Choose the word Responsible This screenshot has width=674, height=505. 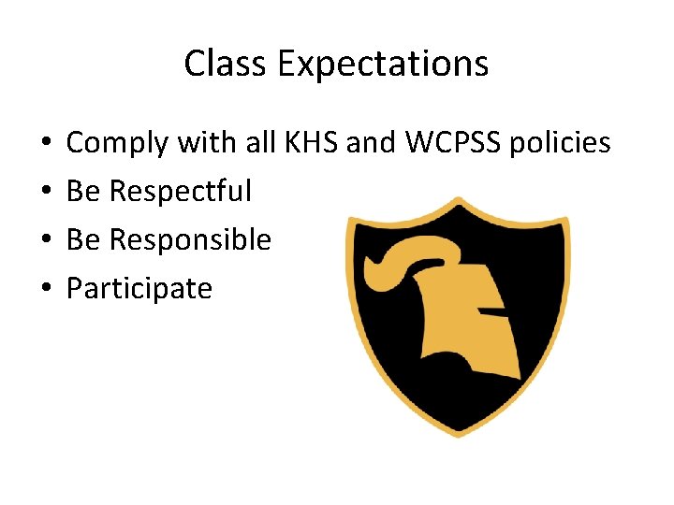[x=190, y=240]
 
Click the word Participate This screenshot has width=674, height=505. [x=139, y=289]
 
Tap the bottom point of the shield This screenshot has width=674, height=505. [x=458, y=433]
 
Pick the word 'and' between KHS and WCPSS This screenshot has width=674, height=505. [x=372, y=143]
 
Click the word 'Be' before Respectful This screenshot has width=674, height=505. [x=83, y=192]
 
